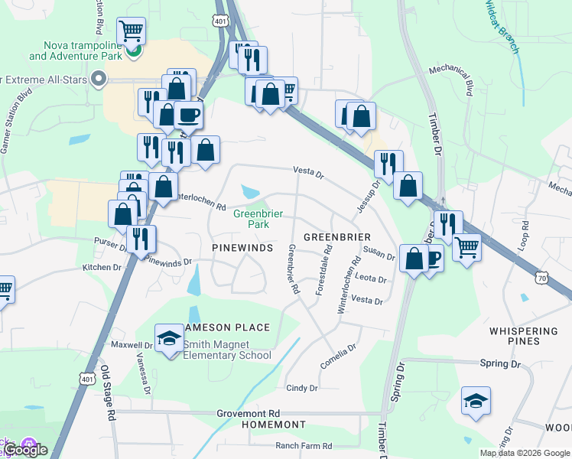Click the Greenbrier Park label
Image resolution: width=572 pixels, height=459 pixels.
(x=251, y=219)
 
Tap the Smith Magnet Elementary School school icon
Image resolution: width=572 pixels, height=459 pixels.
(x=169, y=337)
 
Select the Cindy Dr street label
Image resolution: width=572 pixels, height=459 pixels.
(x=301, y=389)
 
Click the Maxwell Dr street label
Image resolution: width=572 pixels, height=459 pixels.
(x=111, y=345)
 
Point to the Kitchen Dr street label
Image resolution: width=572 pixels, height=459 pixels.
(x=102, y=268)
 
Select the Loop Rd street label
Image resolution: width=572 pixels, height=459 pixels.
(x=524, y=238)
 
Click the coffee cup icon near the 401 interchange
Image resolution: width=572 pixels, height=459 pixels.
(x=188, y=116)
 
